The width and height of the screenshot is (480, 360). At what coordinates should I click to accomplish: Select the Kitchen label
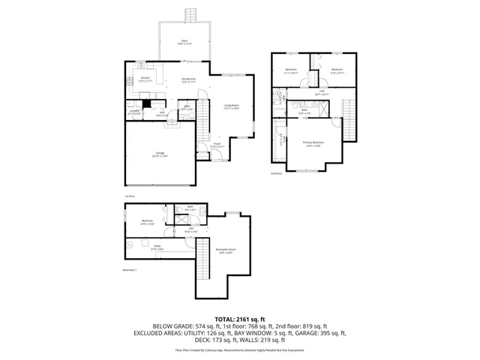(x=146, y=79)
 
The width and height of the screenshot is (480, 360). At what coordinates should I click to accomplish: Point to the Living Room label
(x=231, y=106)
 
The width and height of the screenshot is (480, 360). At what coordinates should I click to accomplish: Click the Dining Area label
(x=188, y=79)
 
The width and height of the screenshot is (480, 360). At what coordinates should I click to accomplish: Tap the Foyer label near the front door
(x=215, y=145)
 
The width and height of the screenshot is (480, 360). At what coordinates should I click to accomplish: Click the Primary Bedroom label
(x=313, y=143)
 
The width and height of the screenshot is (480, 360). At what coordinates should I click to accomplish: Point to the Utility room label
(x=157, y=247)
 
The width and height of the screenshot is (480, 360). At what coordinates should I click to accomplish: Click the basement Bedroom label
(x=147, y=221)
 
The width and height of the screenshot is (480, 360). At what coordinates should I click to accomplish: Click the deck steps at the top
(x=191, y=15)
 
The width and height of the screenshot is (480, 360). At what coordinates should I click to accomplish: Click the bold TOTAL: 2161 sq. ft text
(x=240, y=319)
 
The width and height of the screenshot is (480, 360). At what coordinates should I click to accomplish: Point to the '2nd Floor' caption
(x=276, y=173)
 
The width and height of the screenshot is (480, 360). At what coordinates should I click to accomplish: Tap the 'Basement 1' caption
(x=130, y=271)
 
